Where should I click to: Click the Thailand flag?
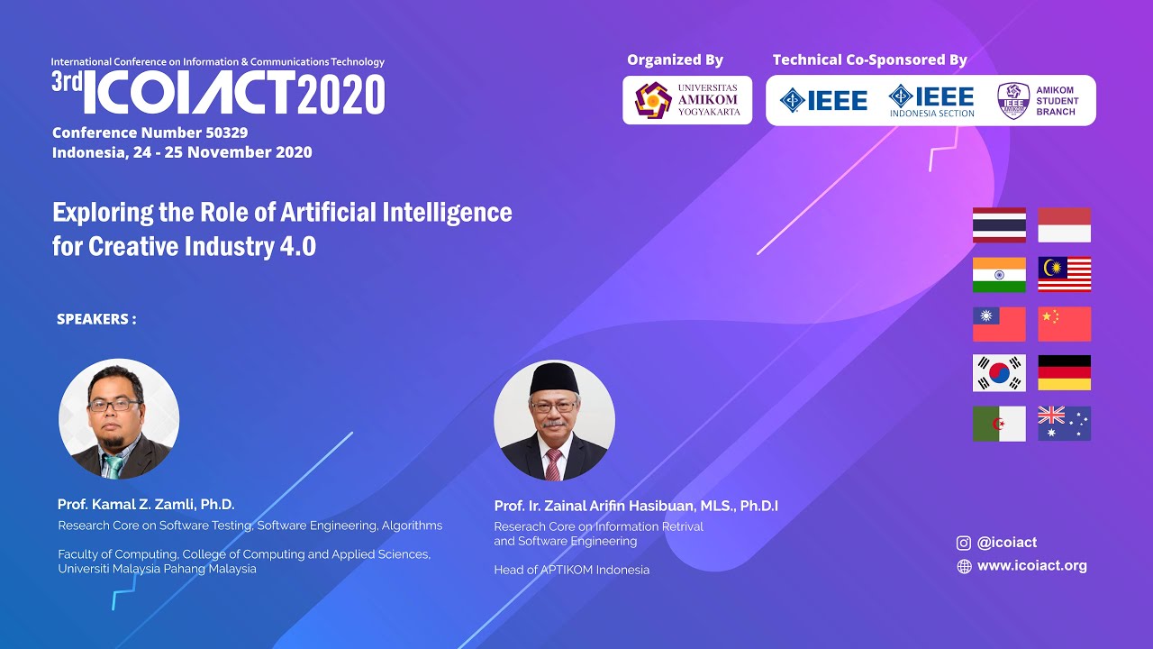pos(999,225)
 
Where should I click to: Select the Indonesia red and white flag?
pos(1064,225)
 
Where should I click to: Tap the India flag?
pos(999,275)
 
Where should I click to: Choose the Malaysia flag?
pos(1064,275)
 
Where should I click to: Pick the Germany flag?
pos(1064,373)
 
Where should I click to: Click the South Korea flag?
pos(999,373)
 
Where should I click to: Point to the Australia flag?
pos(1064,424)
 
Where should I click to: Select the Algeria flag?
pos(999,424)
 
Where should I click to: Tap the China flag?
pos(1064,324)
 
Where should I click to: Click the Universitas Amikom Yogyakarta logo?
pos(687,100)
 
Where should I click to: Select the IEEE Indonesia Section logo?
pos(931,100)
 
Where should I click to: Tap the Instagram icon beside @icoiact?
pos(964,543)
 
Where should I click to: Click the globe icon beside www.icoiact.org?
pos(964,566)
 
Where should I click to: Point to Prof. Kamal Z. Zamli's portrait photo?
pos(119,419)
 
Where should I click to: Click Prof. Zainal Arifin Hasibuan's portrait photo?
pos(554,421)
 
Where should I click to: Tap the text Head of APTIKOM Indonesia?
pos(571,570)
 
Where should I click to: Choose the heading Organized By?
pos(675,60)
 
